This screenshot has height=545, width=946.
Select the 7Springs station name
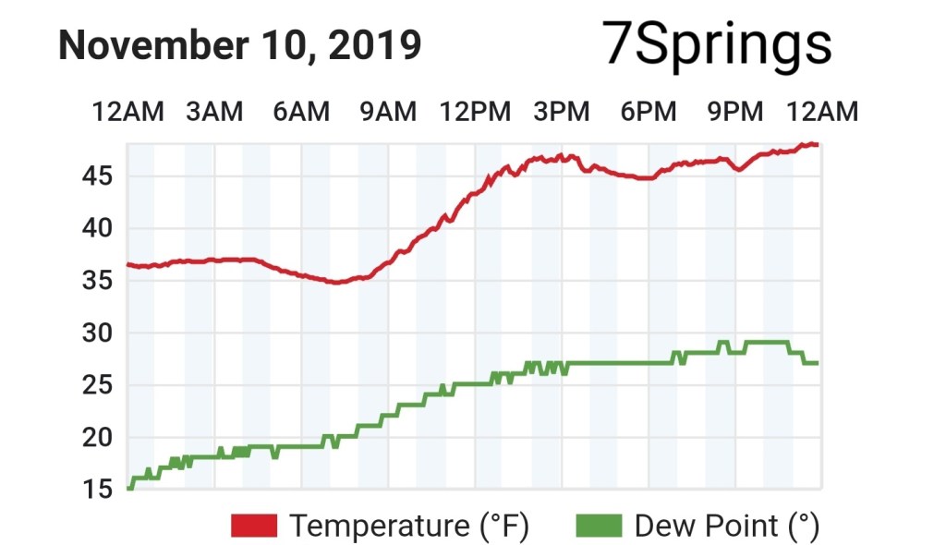coord(717,43)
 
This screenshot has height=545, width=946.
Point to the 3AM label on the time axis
coord(213,112)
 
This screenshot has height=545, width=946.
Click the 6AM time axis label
coord(300,112)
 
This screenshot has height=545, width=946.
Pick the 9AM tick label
coord(387,112)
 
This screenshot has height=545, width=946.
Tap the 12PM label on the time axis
coord(475,112)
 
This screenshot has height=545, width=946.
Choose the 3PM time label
coord(561,112)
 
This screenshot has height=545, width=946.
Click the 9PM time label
coord(735,112)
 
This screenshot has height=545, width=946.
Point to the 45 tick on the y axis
coord(96,176)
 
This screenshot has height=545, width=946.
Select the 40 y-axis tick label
coord(96,228)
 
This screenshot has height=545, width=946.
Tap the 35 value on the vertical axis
coord(96,281)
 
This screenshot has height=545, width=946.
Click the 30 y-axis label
coord(96,333)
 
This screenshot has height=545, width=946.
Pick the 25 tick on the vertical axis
coord(96,385)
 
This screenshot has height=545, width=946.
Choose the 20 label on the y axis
coord(96,438)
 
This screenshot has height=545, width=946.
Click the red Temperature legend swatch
coord(254,527)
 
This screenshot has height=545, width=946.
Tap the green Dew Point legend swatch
coord(599,527)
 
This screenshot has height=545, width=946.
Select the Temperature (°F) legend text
coord(409,527)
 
